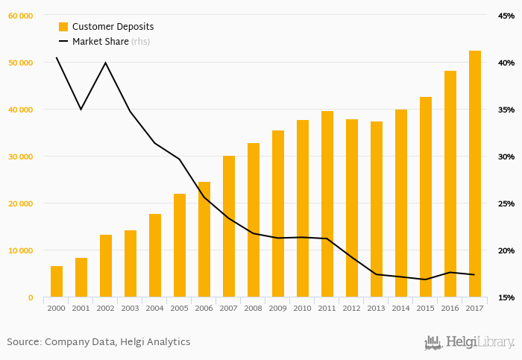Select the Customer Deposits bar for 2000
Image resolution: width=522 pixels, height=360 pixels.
(57, 282)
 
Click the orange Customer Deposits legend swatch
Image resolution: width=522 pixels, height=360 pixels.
(63, 27)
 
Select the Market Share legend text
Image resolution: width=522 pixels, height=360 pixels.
(101, 42)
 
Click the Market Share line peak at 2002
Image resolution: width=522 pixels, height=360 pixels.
(105, 63)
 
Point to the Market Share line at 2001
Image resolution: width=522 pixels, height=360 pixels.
(81, 110)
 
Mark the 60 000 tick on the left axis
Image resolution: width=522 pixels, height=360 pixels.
(20, 16)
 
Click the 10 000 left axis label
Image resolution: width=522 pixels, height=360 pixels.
(20, 250)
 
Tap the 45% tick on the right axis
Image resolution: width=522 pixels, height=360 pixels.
(507, 16)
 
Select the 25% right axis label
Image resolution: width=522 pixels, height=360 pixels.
(507, 203)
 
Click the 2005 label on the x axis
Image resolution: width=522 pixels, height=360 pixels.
(180, 308)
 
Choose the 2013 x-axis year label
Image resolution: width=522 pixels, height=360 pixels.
(377, 308)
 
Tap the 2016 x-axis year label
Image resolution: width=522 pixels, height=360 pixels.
(450, 308)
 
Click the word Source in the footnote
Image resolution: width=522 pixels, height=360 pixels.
(23, 342)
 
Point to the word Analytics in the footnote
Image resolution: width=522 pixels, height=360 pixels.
(167, 342)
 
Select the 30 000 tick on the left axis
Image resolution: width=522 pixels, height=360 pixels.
(20, 157)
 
